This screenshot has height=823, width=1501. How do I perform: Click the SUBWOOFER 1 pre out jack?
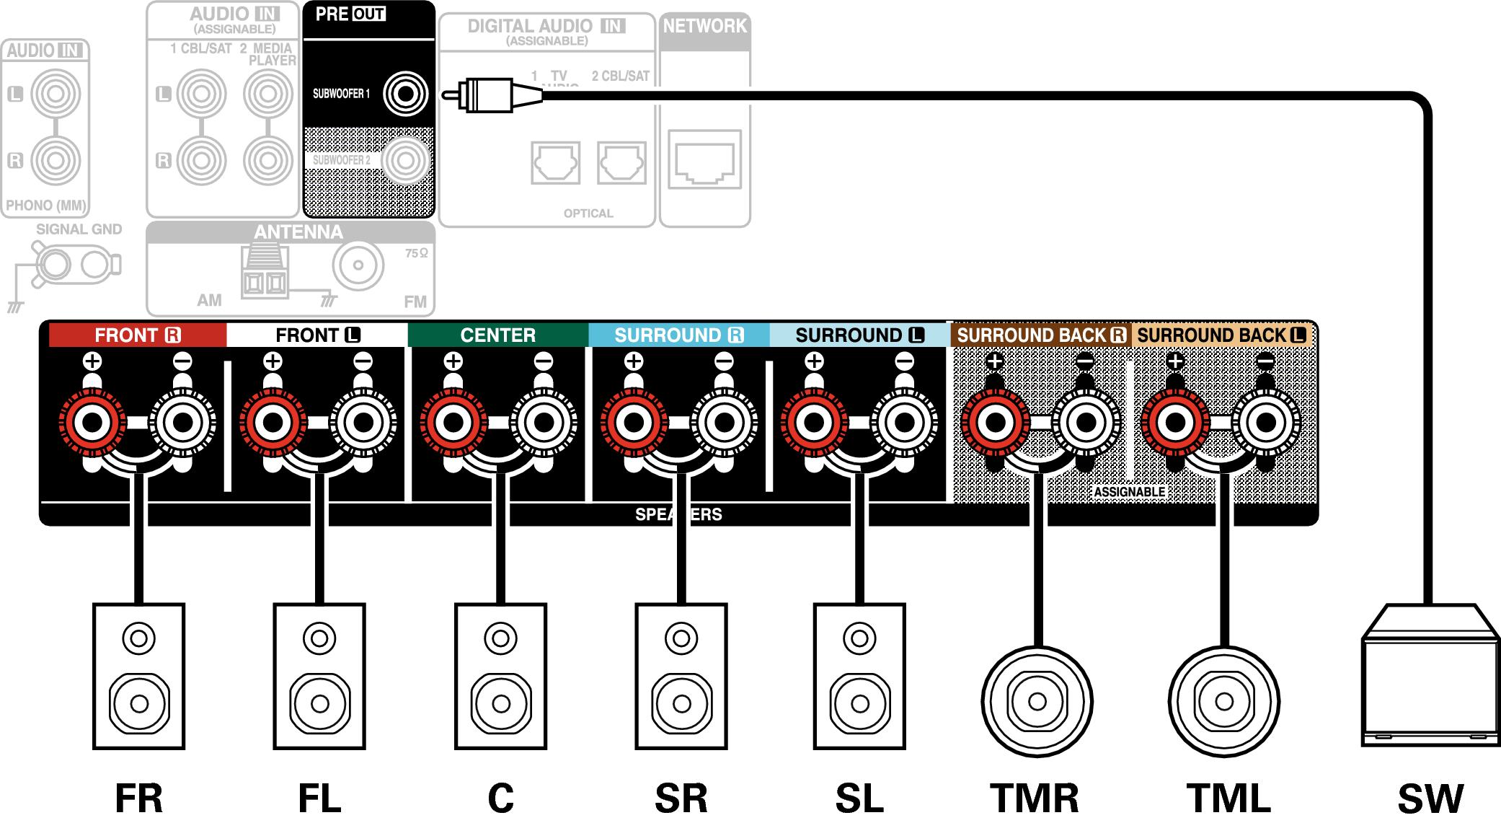[405, 94]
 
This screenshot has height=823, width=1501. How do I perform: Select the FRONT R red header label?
[137, 335]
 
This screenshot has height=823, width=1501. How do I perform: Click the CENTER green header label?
[497, 335]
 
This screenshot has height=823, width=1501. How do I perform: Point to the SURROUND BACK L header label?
[1221, 335]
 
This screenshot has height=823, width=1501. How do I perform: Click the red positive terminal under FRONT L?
[273, 423]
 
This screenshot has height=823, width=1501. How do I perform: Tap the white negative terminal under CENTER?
[544, 423]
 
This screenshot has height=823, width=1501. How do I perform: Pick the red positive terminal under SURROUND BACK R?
[995, 423]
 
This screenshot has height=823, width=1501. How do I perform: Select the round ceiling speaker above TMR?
[1037, 701]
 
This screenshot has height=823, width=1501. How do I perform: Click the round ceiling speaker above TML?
[1223, 701]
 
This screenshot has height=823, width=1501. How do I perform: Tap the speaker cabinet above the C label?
[500, 676]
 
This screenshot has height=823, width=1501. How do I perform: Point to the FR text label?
[139, 798]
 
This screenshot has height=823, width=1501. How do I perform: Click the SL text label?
[859, 798]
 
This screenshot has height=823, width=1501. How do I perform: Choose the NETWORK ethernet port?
[704, 159]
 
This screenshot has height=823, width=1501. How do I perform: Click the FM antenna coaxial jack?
[358, 265]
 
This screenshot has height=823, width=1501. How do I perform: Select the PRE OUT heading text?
[350, 14]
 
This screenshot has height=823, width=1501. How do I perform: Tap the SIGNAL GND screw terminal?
[55, 265]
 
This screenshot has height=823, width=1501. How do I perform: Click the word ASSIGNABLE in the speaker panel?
[1129, 492]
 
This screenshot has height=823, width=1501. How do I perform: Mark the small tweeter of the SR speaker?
[681, 638]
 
